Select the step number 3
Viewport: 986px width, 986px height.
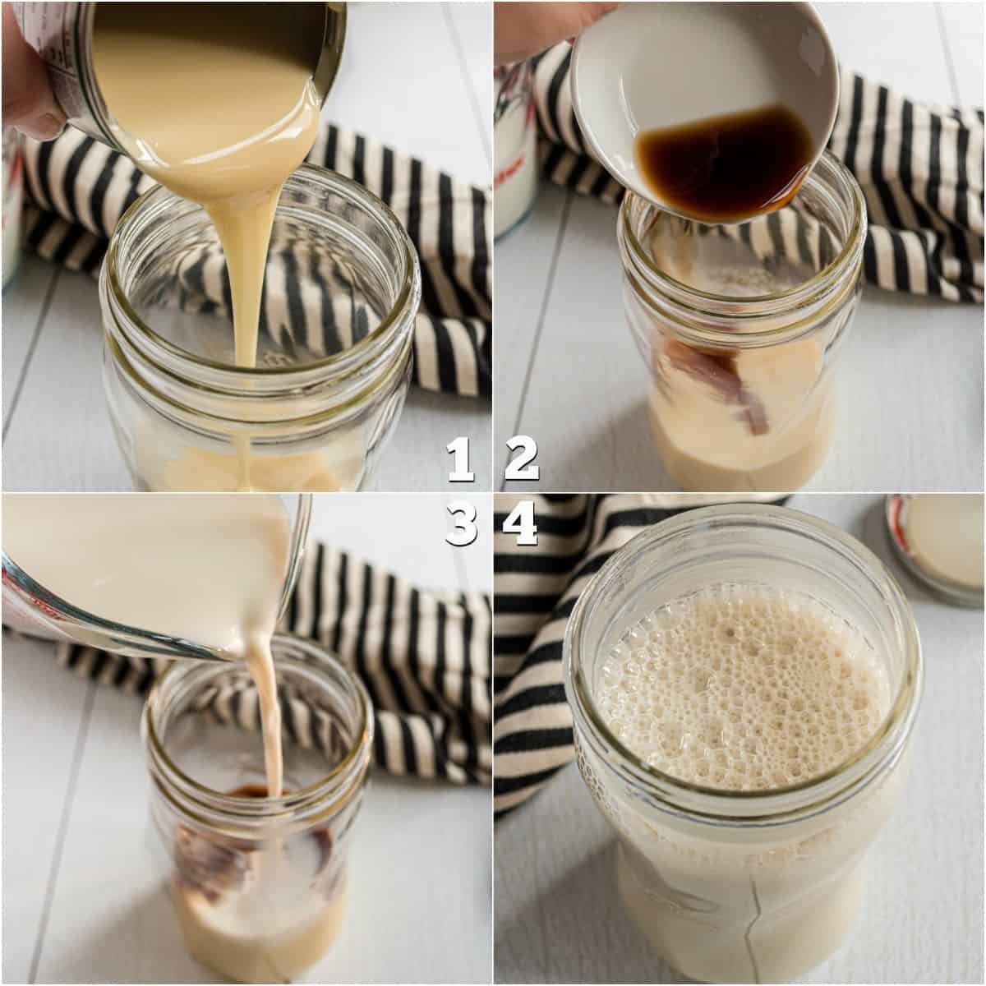point(462,524)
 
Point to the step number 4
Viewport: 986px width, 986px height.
point(522,524)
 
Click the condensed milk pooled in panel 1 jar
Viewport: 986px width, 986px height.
point(246,468)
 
